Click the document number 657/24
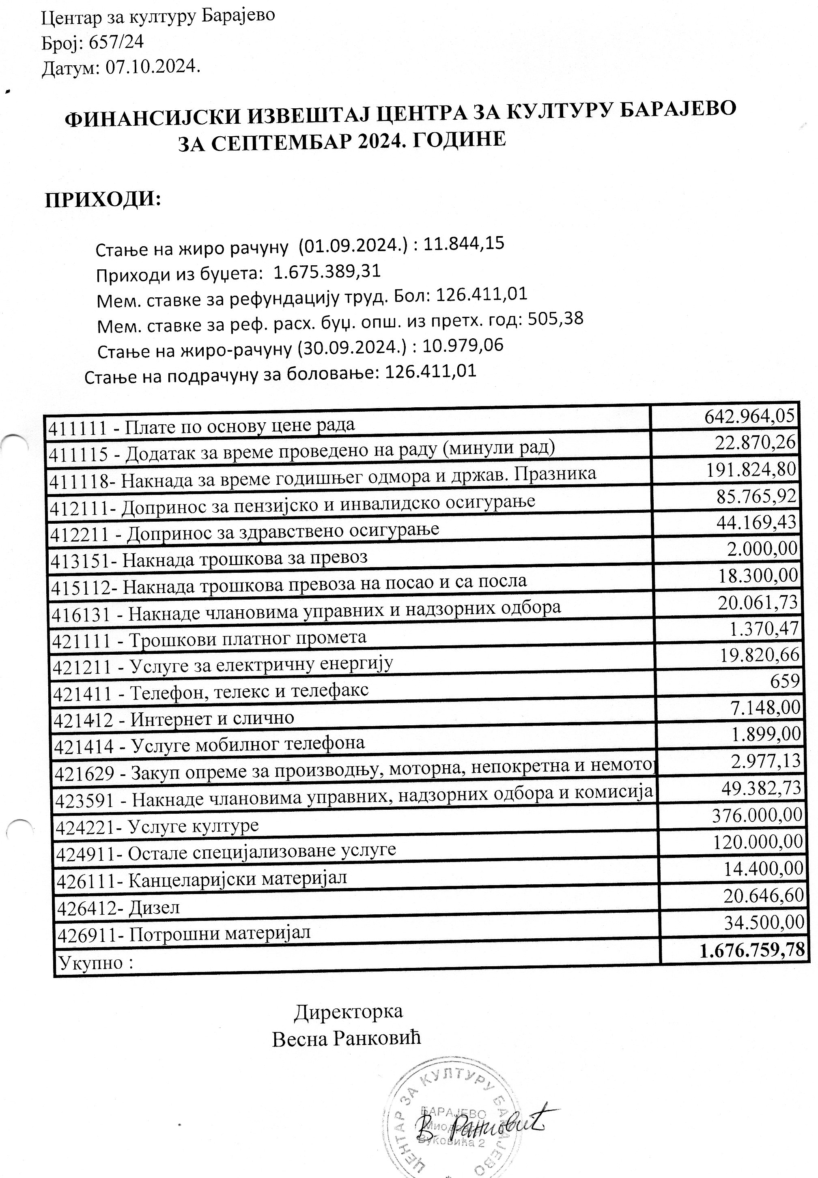[116, 42]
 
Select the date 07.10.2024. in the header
[152, 67]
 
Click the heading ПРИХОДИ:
[103, 199]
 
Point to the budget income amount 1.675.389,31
[327, 271]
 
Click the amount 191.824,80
[751, 469]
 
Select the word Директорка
[349, 1012]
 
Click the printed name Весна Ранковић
[347, 1039]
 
